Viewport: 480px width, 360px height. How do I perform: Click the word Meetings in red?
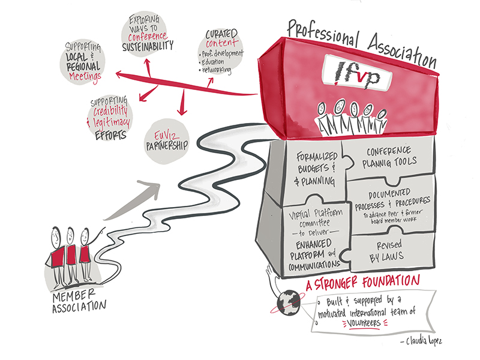pyautogui.click(x=83, y=76)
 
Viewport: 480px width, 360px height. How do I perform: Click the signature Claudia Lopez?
pyautogui.click(x=429, y=342)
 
